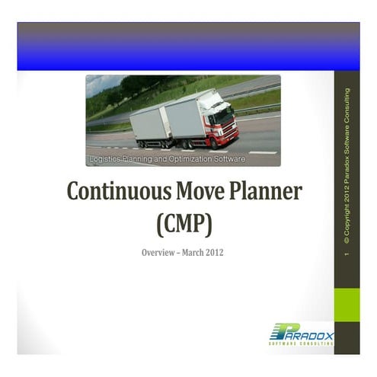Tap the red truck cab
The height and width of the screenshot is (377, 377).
222,123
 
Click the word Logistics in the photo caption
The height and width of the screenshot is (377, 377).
106,159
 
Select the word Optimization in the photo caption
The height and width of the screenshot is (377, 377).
194,159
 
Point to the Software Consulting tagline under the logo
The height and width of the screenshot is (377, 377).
301,343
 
